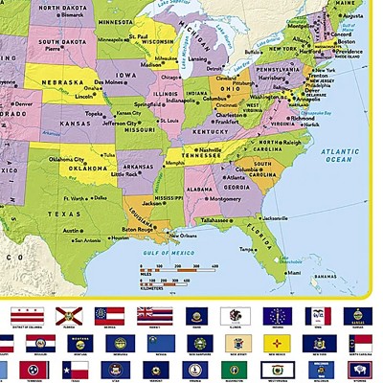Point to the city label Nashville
[211, 150]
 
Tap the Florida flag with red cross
[63, 314]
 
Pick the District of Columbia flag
[21, 314]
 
